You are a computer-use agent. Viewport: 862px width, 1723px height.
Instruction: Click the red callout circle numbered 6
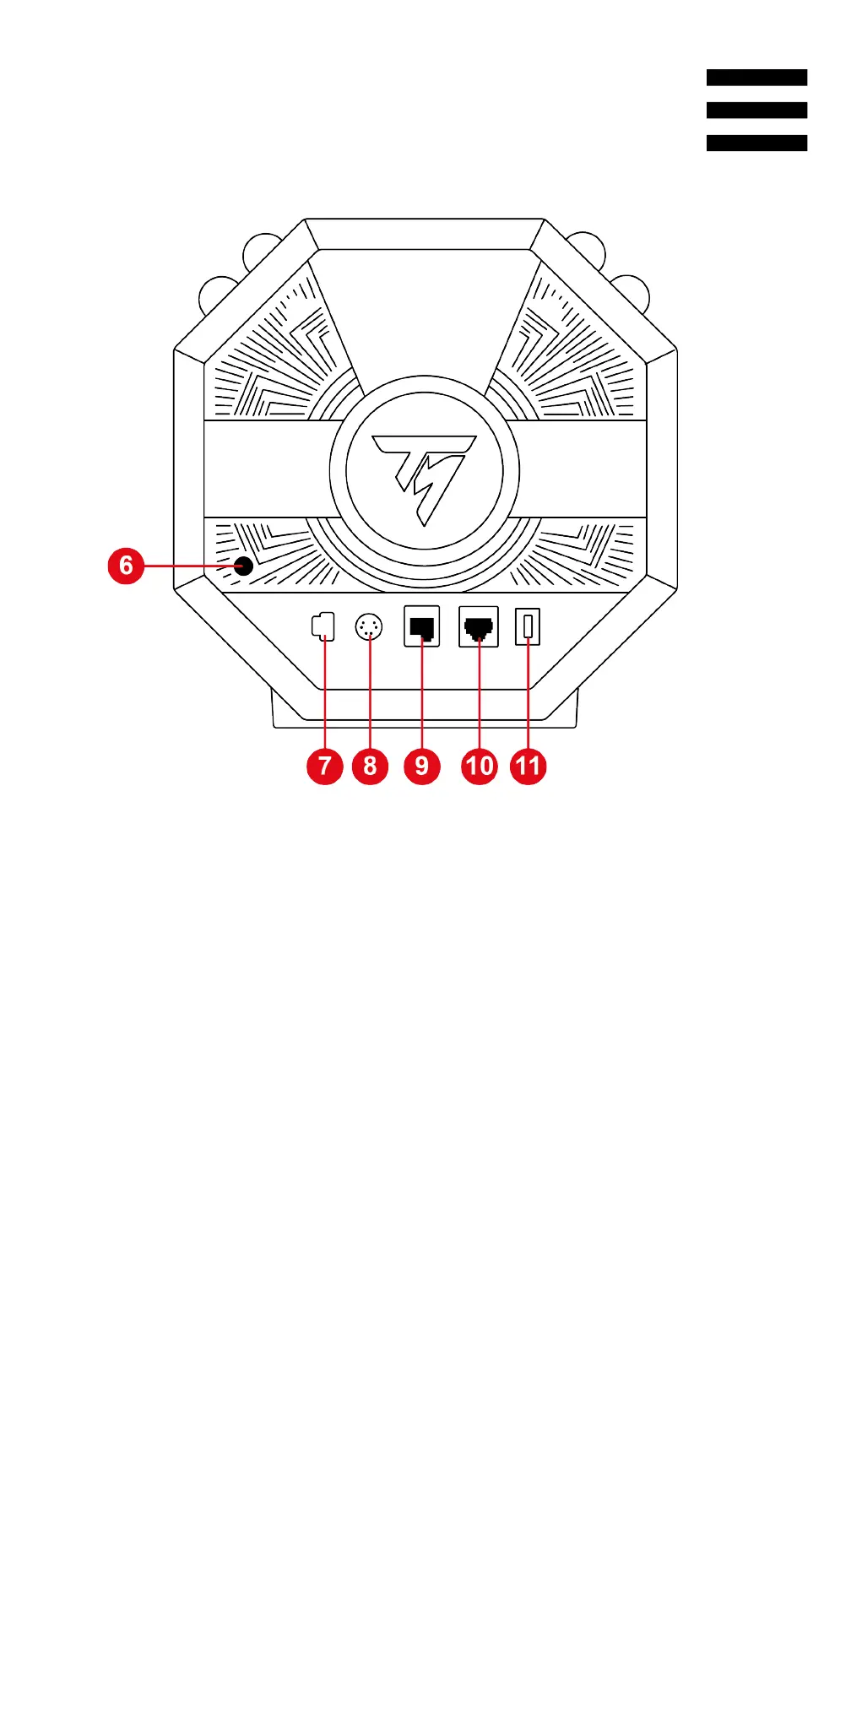point(126,565)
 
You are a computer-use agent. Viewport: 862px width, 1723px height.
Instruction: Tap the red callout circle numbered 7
point(324,766)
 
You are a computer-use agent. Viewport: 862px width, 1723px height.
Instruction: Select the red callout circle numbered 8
point(370,766)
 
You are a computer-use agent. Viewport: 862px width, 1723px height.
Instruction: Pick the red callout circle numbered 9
point(422,766)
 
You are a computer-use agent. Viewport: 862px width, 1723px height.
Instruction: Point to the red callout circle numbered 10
point(480,766)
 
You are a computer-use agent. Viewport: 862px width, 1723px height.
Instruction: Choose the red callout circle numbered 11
point(529,766)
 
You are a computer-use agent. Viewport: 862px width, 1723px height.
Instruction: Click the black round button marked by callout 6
point(244,566)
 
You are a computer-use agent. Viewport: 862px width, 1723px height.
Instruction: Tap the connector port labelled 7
point(323,626)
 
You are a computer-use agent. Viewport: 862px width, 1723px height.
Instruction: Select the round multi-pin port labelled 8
point(369,627)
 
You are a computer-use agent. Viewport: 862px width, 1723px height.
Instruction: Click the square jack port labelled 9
point(422,626)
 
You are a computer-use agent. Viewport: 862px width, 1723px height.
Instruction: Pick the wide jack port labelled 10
point(479,626)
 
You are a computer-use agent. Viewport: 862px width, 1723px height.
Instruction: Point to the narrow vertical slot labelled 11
point(528,626)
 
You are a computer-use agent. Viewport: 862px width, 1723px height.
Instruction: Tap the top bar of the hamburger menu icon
point(756,78)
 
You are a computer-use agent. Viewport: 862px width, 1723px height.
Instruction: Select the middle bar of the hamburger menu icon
point(756,110)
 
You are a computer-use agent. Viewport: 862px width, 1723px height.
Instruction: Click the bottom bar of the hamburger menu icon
point(756,143)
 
